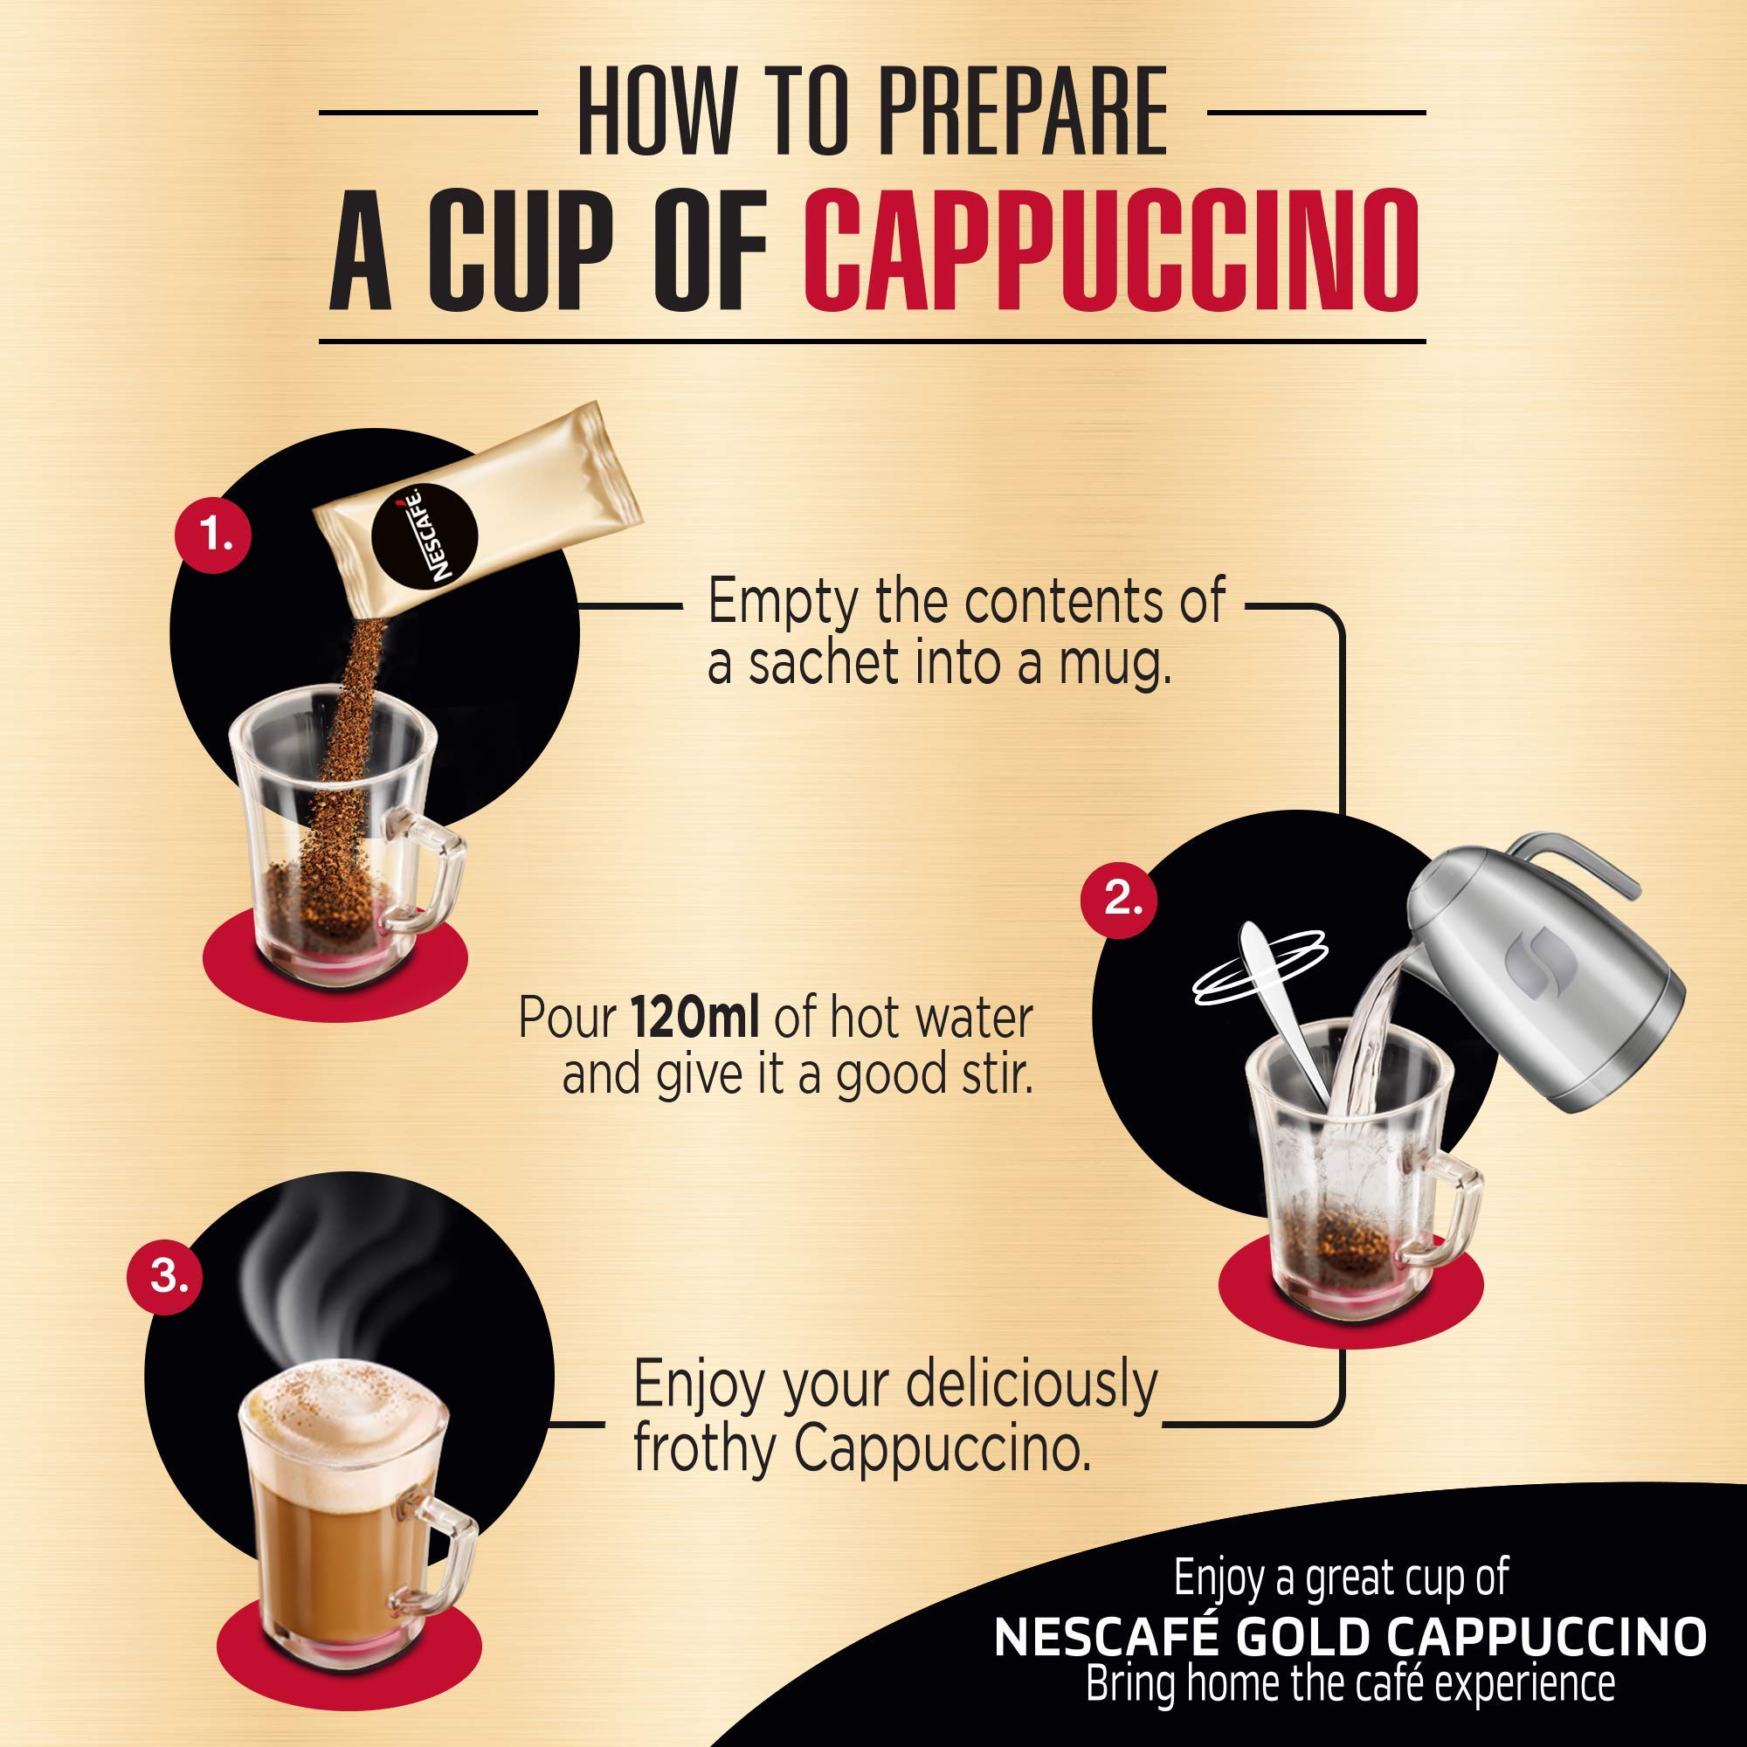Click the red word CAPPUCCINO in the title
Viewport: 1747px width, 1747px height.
(1110, 251)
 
